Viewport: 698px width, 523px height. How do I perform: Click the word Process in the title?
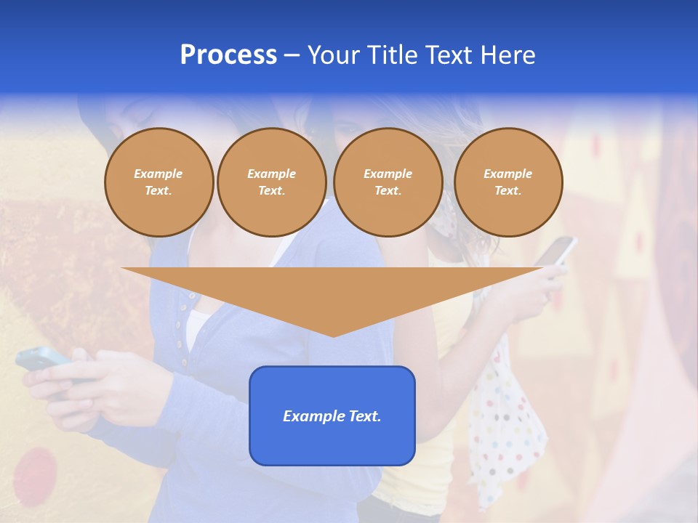coord(228,55)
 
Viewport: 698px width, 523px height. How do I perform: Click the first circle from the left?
coord(159,182)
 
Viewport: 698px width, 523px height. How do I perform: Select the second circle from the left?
coord(271,182)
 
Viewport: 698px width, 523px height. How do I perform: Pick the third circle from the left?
coord(388,182)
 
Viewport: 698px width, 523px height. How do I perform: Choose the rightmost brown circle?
coord(508,182)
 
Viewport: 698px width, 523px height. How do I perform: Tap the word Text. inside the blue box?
coord(363,416)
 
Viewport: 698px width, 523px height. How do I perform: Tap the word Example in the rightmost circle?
coord(508,174)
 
